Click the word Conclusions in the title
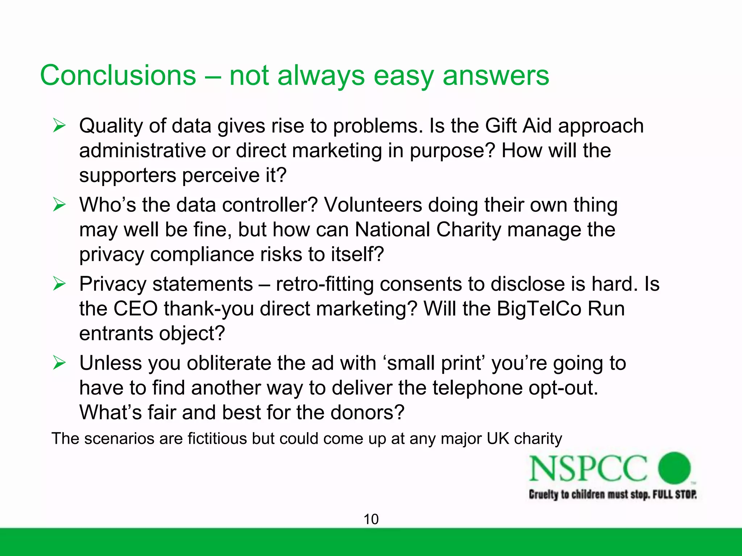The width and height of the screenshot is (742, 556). point(118,75)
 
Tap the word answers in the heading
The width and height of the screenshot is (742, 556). point(496,75)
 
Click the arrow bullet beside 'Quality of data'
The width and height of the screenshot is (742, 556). point(59,126)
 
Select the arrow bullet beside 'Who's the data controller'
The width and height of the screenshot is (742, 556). point(59,205)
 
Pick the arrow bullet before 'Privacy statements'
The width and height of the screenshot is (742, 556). point(59,284)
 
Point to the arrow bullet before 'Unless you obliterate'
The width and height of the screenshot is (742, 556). point(59,363)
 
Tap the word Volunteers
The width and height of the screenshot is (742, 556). point(373,205)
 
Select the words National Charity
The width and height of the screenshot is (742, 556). point(428,229)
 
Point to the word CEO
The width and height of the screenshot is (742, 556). point(136,308)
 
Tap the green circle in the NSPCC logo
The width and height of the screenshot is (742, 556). point(674,468)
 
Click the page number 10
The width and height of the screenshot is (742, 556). point(371,519)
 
